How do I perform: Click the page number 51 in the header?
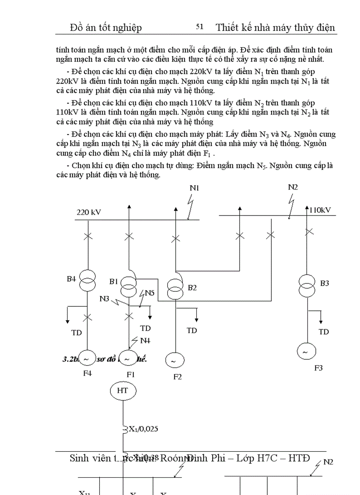[x=199, y=27]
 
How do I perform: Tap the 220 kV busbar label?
[x=89, y=212]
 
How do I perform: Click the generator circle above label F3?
[x=305, y=351]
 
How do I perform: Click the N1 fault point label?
[x=195, y=188]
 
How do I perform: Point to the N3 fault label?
[x=105, y=298]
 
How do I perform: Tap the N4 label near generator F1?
[x=145, y=340]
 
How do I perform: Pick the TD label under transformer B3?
[x=324, y=332]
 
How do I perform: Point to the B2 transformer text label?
[x=192, y=288]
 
